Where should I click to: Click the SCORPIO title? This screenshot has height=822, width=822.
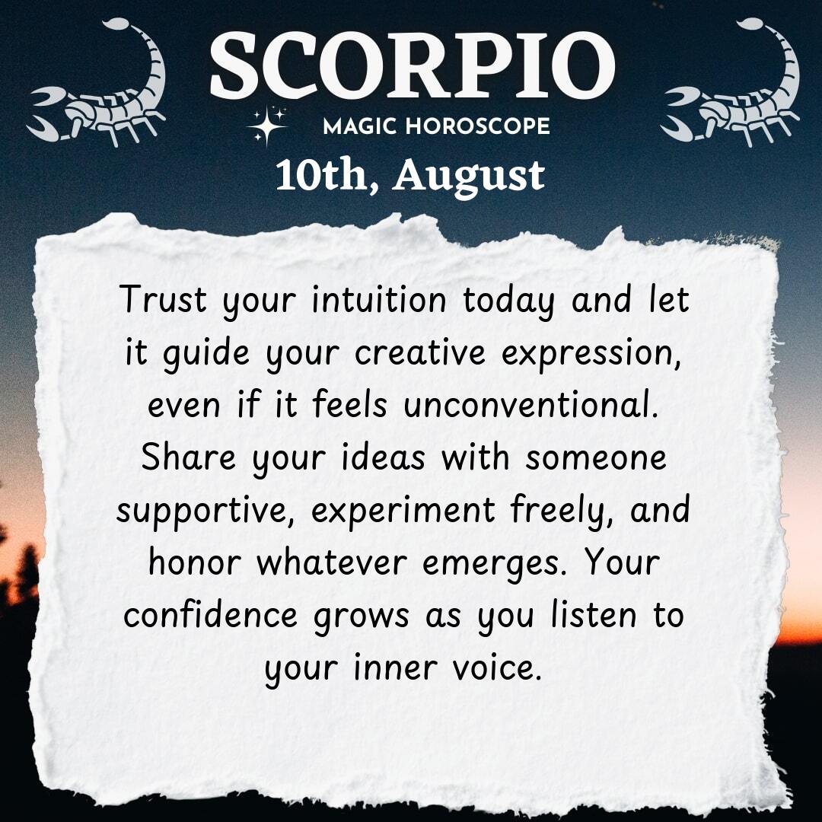(412, 65)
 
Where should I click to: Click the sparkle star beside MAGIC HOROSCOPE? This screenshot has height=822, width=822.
(267, 126)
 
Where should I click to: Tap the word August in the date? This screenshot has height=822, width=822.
(469, 177)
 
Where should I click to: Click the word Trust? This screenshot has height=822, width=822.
(163, 299)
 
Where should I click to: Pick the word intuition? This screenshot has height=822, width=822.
(378, 299)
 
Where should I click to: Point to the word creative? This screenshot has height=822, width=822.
(420, 353)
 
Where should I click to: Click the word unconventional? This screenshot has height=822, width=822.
(530, 405)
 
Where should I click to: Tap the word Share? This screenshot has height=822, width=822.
(189, 457)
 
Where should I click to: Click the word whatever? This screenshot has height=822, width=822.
(331, 562)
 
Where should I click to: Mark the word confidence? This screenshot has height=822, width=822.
(210, 615)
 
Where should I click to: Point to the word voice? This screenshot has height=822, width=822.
(496, 668)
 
